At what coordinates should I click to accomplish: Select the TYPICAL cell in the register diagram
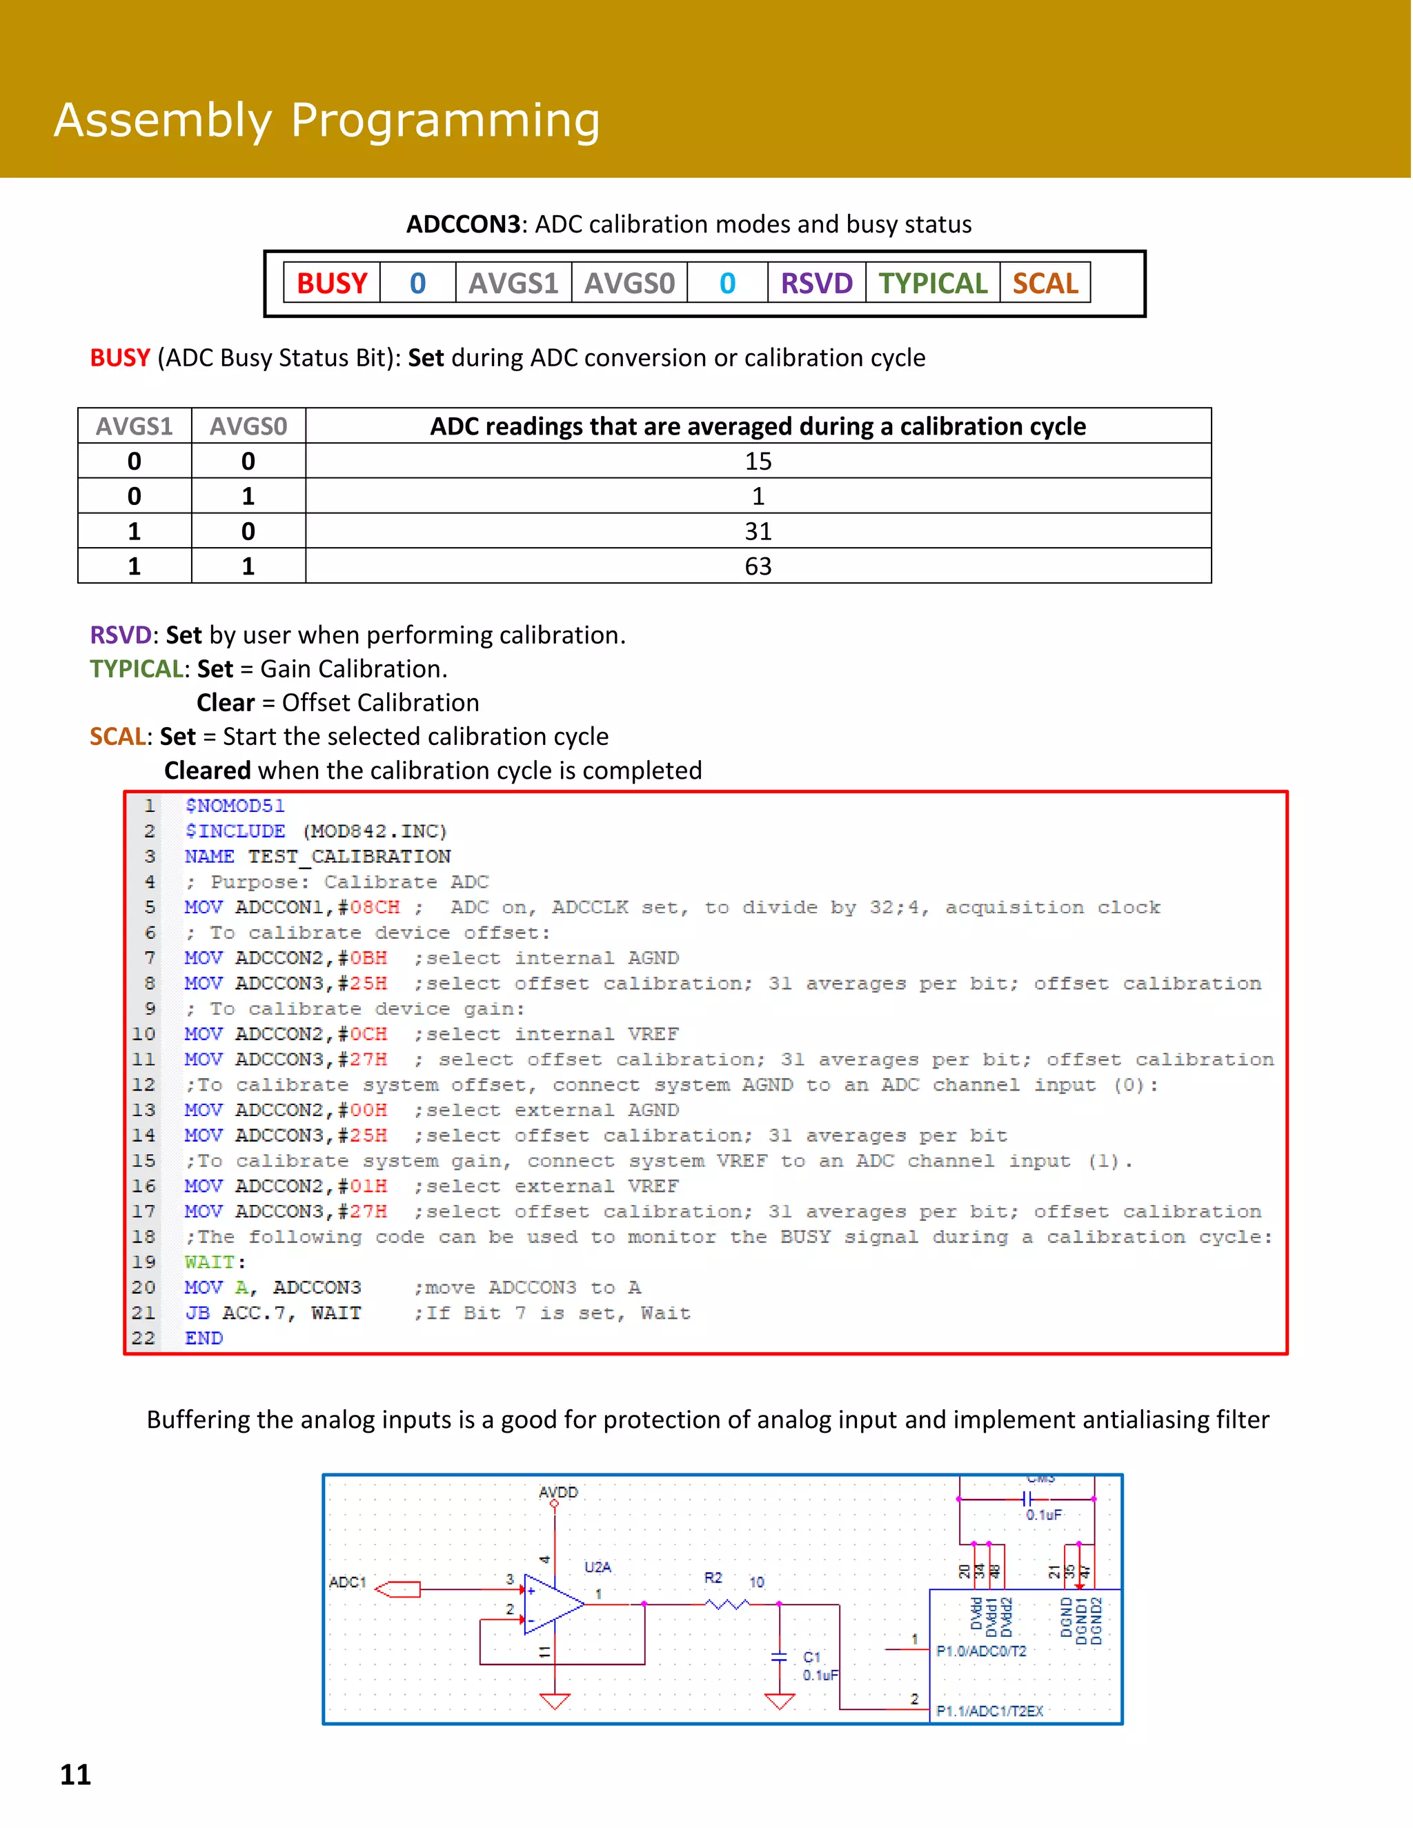click(x=933, y=283)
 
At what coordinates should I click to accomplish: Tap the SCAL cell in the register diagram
click(x=1045, y=283)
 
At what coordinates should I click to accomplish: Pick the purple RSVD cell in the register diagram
click(x=816, y=283)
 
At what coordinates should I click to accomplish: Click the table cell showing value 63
click(x=758, y=566)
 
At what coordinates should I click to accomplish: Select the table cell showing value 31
click(x=758, y=531)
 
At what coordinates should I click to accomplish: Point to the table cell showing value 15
click(x=758, y=461)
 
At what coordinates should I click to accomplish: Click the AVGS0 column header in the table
click(x=248, y=426)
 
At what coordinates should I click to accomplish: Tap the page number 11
click(x=75, y=1774)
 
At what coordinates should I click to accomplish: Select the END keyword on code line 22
click(x=204, y=1338)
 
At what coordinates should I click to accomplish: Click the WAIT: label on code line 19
click(x=215, y=1262)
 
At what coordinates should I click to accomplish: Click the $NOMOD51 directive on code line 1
click(x=235, y=806)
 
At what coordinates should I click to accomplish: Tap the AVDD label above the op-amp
click(x=557, y=1492)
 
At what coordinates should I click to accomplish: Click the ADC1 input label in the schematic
click(x=348, y=1582)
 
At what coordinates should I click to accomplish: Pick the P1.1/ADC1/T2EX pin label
click(x=989, y=1711)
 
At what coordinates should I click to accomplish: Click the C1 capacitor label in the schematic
click(x=811, y=1657)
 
